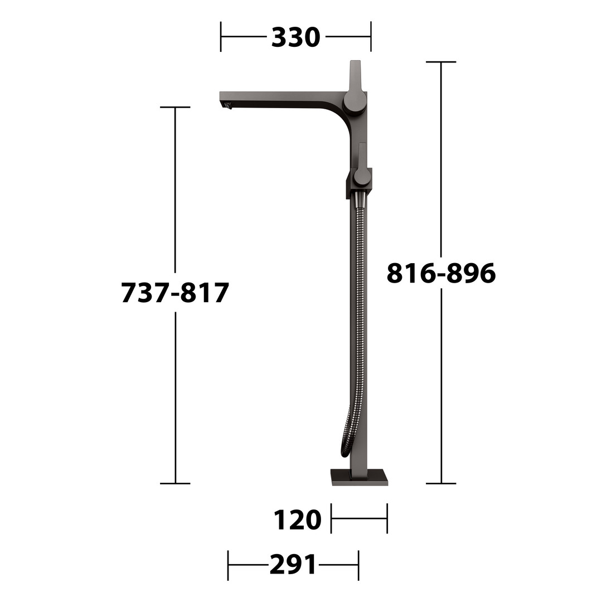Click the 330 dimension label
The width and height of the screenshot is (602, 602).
[295, 37]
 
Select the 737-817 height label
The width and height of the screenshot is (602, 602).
[175, 293]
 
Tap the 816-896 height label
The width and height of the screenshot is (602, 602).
[441, 273]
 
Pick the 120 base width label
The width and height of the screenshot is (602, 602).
[297, 520]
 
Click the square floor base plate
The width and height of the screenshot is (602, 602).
[360, 477]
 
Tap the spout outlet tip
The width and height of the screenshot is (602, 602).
[227, 105]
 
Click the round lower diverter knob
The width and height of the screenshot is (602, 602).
[362, 176]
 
